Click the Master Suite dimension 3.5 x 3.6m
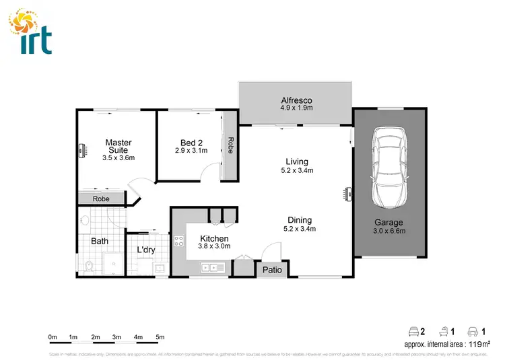[119, 158]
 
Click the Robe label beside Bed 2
[230, 146]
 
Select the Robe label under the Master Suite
[101, 199]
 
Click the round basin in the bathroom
[84, 219]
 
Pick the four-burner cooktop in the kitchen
[179, 240]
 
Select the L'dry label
[146, 250]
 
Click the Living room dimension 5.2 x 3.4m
[296, 171]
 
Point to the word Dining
[300, 219]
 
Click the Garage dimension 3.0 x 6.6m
[389, 231]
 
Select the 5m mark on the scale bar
[160, 337]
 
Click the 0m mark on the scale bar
[53, 337]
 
